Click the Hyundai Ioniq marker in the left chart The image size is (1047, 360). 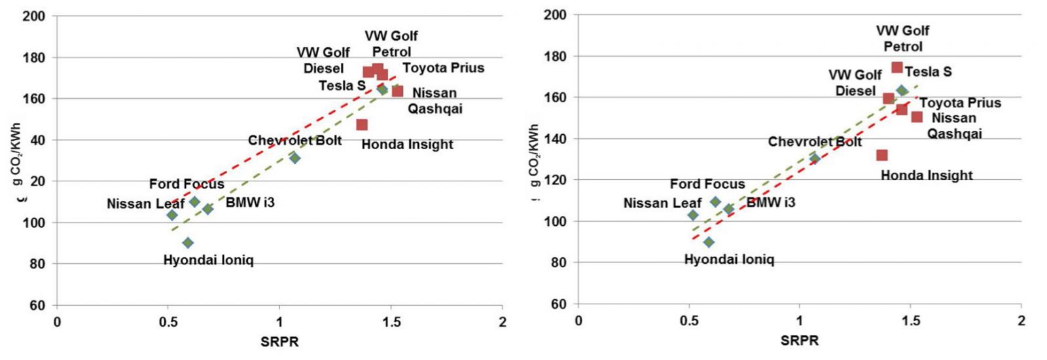tap(188, 243)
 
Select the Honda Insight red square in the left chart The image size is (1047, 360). tap(362, 124)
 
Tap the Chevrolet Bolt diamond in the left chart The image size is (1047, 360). tap(294, 158)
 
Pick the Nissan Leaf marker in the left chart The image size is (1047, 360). tap(172, 215)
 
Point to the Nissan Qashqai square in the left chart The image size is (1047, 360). tap(397, 91)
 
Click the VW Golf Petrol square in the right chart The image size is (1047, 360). tap(897, 67)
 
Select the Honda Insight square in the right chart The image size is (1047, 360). tap(882, 155)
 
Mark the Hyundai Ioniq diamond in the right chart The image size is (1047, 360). tap(709, 242)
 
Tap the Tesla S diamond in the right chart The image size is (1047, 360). tap(902, 90)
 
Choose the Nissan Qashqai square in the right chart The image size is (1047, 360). tap(917, 117)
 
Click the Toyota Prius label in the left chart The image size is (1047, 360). tap(443, 68)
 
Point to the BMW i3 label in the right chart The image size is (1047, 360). tap(771, 202)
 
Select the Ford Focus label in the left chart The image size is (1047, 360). tap(186, 184)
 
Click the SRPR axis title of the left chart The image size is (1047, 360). tap(279, 341)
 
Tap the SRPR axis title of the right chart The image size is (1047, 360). tap(800, 340)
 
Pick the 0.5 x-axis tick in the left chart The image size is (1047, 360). tap(168, 322)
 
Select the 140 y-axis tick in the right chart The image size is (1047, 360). tap(556, 139)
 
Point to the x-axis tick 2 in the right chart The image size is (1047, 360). tap(1021, 321)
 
